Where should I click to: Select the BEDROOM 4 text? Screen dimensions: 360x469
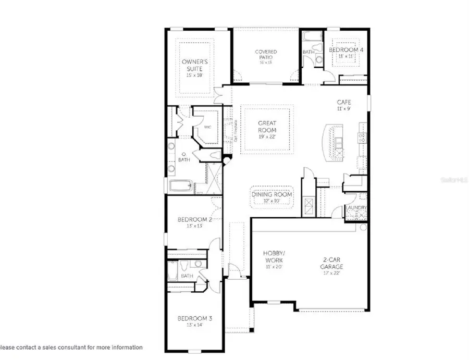(346, 49)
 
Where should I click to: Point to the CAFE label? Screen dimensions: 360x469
(343, 103)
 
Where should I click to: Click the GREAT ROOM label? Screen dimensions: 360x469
(266, 127)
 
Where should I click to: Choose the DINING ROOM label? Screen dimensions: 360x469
(272, 195)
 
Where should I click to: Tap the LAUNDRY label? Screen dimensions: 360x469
(356, 208)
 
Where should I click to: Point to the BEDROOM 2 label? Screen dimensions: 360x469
(193, 219)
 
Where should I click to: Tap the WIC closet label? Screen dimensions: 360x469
(207, 127)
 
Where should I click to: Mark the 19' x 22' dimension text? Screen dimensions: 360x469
(266, 136)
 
